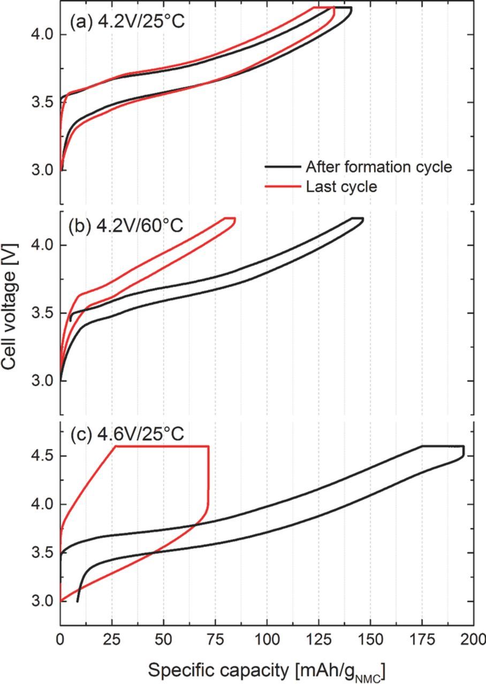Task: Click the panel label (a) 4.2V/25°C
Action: click(127, 23)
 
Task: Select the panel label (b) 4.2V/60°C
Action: click(126, 225)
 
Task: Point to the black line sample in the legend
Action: click(282, 167)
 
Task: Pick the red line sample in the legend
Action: click(282, 186)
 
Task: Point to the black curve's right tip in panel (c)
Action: click(464, 452)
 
